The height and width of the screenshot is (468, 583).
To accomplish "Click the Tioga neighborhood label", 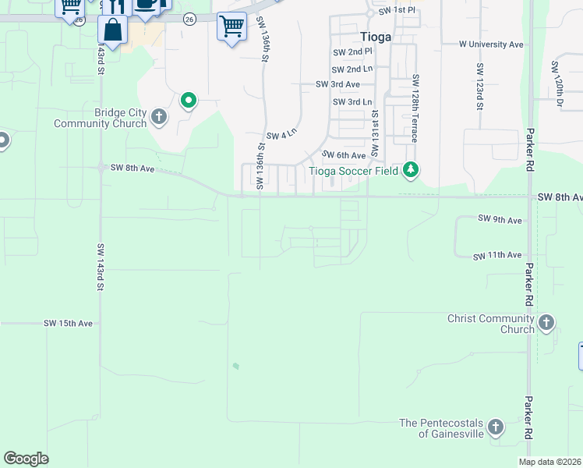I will [x=376, y=36].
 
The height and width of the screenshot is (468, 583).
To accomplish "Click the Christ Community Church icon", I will [x=546, y=322].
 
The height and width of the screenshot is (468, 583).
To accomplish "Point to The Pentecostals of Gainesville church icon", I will [x=495, y=427].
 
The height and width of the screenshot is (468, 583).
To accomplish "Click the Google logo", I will [x=26, y=459].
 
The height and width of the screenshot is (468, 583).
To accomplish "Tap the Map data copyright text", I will [x=549, y=462].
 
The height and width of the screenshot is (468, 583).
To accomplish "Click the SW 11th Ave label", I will [x=499, y=255].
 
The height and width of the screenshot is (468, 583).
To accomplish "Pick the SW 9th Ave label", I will [x=500, y=220].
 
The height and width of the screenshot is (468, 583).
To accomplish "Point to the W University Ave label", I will [x=491, y=44].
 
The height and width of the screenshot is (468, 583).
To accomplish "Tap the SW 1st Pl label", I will [x=397, y=11].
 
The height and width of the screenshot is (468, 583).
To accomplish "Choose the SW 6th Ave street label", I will [x=344, y=156].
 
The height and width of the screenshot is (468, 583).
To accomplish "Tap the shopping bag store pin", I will [x=113, y=31].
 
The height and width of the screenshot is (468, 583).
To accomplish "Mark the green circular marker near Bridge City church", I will [x=188, y=100].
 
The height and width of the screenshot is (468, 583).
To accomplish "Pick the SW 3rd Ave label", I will [x=337, y=84].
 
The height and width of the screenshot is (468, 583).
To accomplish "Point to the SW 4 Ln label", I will [x=281, y=135].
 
